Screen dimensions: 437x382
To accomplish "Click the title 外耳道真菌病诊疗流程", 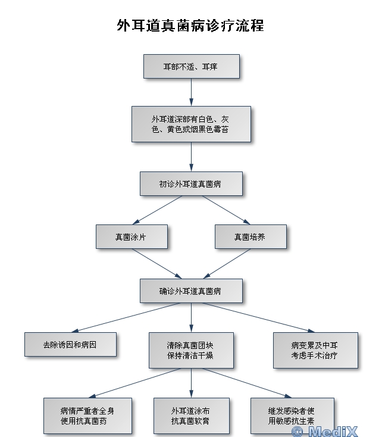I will click(190, 26).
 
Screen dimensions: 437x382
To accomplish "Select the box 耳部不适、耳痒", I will click(191, 67).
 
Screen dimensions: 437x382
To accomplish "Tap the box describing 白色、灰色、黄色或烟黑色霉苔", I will click(191, 124).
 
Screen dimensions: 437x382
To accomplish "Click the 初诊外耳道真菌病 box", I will click(191, 184).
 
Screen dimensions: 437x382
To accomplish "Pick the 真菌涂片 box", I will click(131, 236).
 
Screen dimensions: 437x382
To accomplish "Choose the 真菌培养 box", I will click(251, 236).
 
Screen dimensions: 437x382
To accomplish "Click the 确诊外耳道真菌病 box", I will click(191, 291).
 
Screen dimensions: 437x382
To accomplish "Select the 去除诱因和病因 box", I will click(70, 344).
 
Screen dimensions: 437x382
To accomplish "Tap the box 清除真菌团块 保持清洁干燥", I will click(191, 350).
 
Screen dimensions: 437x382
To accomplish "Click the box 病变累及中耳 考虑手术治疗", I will click(316, 350).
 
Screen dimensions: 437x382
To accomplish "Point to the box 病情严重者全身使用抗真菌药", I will click(87, 416).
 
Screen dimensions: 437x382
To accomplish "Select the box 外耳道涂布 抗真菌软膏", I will click(191, 416).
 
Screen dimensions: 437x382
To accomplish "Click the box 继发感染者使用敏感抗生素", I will click(292, 416).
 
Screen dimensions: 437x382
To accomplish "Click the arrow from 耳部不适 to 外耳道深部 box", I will click(191, 92).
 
